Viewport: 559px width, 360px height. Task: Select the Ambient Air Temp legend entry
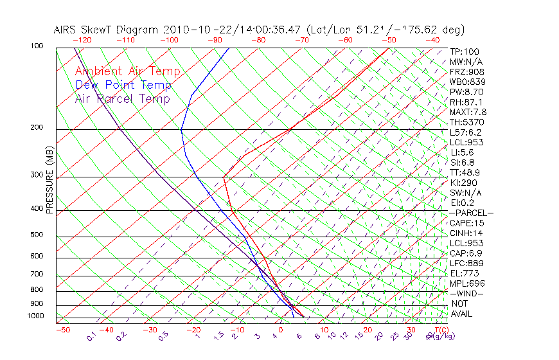127,71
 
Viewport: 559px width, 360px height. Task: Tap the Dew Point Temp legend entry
123,85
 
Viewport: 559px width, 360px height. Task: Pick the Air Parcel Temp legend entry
122,98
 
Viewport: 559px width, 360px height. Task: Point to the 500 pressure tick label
37,235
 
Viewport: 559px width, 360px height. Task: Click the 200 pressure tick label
37,128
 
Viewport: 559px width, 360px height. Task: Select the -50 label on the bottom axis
62,330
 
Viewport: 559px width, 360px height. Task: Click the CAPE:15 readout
466,223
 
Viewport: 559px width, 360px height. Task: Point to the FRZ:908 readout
466,72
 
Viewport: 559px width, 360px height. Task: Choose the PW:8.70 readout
466,92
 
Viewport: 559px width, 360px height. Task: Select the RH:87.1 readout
466,102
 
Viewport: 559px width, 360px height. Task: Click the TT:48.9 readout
466,173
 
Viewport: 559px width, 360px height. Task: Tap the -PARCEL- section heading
471,213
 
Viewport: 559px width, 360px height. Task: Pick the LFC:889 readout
466,263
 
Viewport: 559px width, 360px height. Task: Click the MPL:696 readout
467,283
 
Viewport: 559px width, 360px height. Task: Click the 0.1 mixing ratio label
91,336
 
